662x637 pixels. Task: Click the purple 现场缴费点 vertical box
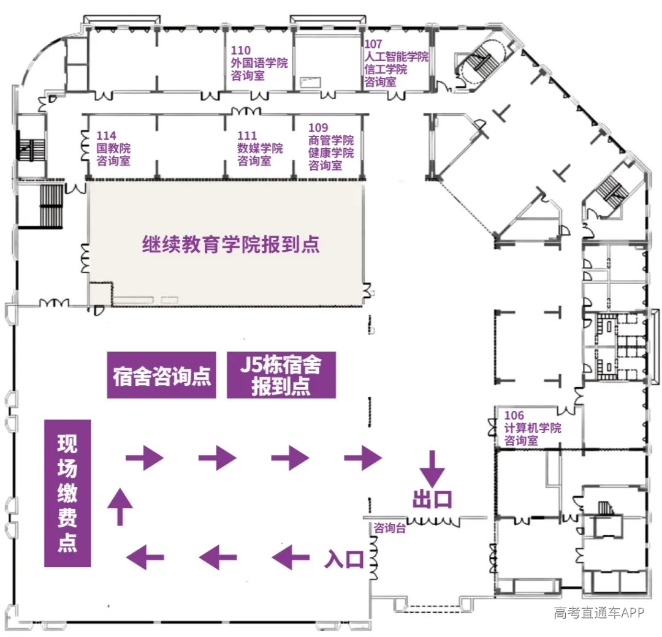(67, 492)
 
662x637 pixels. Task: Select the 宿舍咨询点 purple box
(161, 375)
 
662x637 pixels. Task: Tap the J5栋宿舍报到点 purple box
(281, 375)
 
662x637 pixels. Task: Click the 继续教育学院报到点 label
(230, 244)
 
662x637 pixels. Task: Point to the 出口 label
(432, 499)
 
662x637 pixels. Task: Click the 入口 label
(344, 560)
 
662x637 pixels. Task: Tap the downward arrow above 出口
(432, 469)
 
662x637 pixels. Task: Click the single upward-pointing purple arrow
(120, 507)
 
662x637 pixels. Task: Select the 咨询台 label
(389, 528)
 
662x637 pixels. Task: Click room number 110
(241, 50)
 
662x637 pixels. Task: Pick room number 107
(373, 44)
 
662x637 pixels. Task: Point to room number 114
(107, 135)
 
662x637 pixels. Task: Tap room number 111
(247, 135)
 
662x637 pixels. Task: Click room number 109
(318, 127)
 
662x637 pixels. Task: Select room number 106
(514, 415)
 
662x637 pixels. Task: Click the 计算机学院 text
(533, 428)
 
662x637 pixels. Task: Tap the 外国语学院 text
(259, 63)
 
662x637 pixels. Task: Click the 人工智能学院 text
(397, 56)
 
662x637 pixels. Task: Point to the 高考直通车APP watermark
(599, 612)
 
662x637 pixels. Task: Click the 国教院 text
(113, 148)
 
